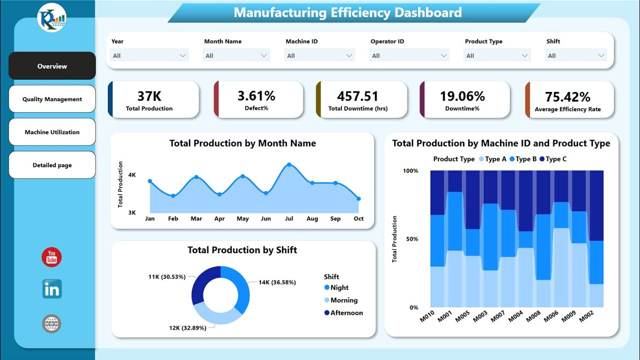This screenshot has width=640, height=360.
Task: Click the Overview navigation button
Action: coord(52,66)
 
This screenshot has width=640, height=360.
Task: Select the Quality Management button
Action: coord(52,99)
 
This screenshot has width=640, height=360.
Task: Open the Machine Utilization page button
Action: coord(52,132)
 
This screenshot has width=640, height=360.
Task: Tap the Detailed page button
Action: coord(52,165)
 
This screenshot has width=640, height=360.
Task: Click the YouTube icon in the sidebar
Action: coord(51,257)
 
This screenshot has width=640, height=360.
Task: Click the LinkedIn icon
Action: coord(52,289)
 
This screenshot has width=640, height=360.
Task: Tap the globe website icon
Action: coord(51,324)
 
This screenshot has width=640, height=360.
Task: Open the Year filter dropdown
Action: coord(149,55)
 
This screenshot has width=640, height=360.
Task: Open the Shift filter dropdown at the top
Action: coord(575,55)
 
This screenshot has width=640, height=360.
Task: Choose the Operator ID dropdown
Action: coord(409,55)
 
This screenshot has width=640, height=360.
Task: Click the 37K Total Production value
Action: coord(149,96)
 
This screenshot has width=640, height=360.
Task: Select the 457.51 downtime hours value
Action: coord(357,96)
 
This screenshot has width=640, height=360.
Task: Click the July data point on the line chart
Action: coord(289,164)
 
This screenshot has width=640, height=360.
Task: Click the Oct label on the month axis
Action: coord(358,218)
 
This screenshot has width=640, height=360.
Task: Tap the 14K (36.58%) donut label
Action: coord(277,282)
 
